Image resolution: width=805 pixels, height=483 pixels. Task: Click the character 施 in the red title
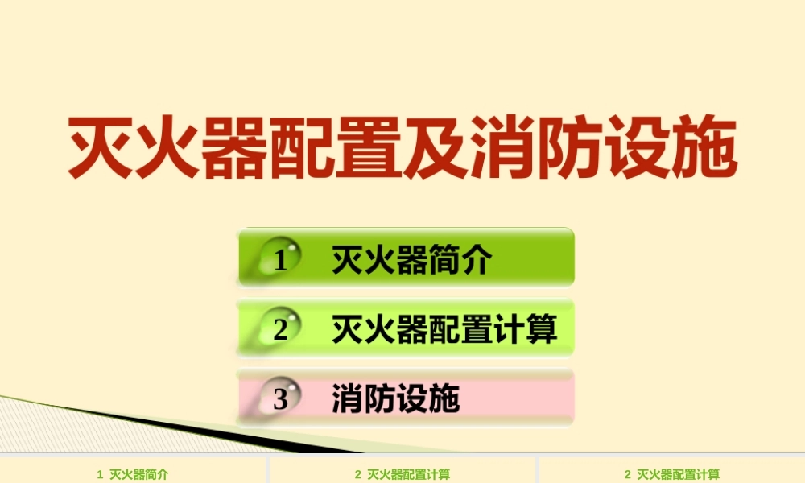704,147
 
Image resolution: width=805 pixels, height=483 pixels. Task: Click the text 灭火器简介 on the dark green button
411,260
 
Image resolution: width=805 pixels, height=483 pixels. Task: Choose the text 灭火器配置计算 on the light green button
444,329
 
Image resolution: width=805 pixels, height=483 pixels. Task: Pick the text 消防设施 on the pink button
395,398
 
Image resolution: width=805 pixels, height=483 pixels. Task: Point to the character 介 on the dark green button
477,260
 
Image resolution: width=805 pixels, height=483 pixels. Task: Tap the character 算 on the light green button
542,329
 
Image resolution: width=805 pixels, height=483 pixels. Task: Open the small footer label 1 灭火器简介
133,475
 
